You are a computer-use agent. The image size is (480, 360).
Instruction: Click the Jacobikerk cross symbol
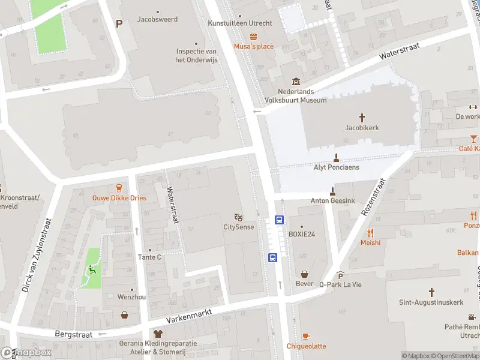click(x=362, y=118)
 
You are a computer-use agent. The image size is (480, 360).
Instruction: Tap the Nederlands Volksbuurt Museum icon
click(x=296, y=82)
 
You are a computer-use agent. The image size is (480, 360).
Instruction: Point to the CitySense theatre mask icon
click(x=238, y=217)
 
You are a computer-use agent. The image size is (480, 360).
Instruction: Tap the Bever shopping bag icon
click(x=305, y=274)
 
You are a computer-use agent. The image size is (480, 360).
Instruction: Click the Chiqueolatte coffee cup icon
click(x=306, y=336)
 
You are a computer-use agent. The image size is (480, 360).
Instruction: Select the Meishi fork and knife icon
click(x=370, y=233)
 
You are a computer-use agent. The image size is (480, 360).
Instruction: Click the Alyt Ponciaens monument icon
click(x=336, y=158)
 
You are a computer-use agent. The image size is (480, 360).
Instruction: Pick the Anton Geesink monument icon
click(x=332, y=191)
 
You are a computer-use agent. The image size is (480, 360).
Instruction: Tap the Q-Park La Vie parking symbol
click(x=341, y=275)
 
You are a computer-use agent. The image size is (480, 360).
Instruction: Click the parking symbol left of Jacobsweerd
click(x=119, y=23)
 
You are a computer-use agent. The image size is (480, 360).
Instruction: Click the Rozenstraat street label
click(x=372, y=197)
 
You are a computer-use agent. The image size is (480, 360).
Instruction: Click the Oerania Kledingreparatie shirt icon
click(x=158, y=333)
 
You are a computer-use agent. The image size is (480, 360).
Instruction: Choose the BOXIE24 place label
click(x=301, y=234)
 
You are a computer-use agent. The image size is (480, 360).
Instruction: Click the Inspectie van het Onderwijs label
click(x=196, y=55)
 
